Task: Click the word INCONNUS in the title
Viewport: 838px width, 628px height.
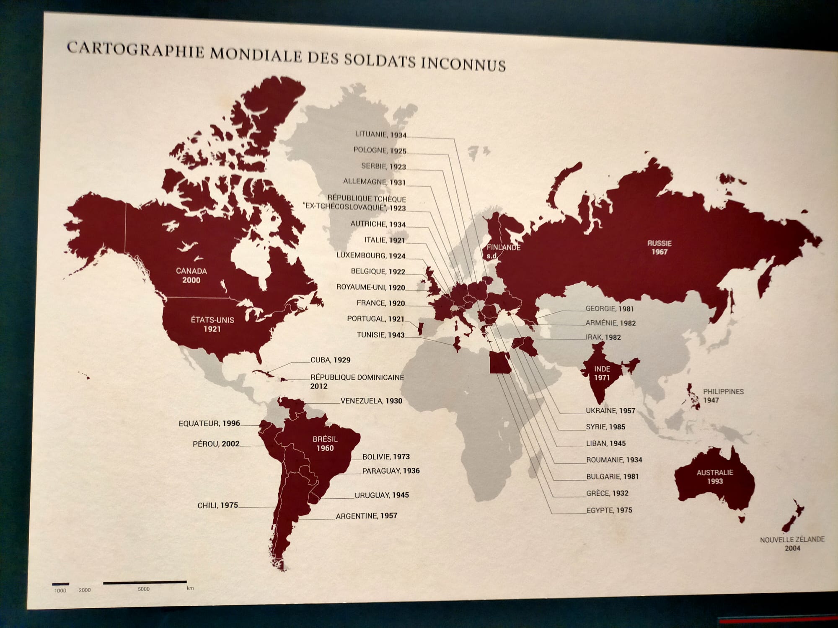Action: tap(463, 64)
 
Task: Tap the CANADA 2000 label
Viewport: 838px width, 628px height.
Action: tap(191, 275)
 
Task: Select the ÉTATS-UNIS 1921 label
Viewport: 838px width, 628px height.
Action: tap(212, 324)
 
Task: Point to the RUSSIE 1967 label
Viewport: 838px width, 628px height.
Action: tap(659, 247)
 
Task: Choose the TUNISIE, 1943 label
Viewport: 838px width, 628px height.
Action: tap(380, 335)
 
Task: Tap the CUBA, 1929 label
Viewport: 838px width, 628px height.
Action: tap(330, 360)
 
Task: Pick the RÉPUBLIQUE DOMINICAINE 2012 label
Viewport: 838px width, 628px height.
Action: tap(357, 381)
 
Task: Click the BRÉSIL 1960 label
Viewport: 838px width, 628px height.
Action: tap(325, 444)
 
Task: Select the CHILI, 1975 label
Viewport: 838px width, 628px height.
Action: tap(217, 505)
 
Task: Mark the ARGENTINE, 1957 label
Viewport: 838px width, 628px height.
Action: tap(366, 516)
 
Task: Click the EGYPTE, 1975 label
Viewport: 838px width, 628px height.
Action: tap(609, 510)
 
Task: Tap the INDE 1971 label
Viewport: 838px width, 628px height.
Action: tap(602, 373)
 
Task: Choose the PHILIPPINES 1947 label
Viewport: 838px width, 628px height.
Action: tap(723, 396)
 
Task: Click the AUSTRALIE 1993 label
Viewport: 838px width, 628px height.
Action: tap(715, 477)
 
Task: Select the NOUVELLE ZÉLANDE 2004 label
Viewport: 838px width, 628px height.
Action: tap(792, 543)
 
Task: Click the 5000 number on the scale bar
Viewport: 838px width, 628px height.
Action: tap(143, 589)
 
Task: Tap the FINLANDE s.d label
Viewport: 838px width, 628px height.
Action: tap(503, 251)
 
